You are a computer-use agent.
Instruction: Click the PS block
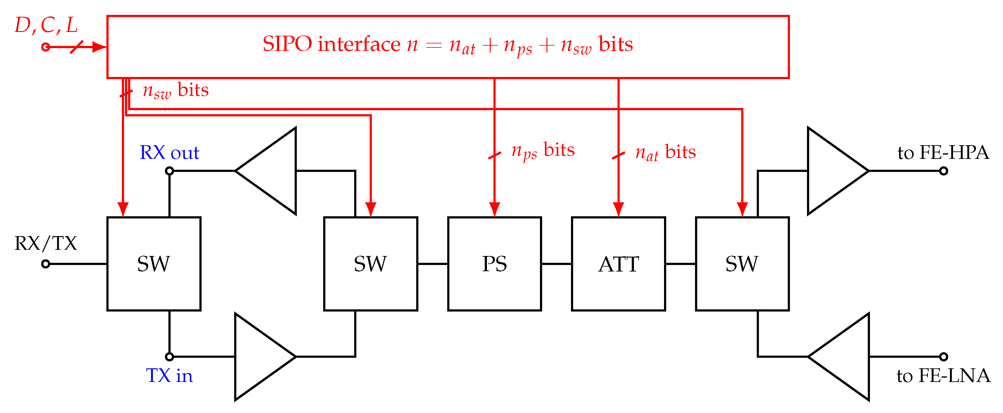(x=494, y=264)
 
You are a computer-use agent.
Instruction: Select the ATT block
(x=618, y=264)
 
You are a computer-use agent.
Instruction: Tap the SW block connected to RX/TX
(x=154, y=264)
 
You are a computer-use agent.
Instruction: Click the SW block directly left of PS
(x=370, y=264)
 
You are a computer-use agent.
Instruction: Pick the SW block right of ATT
(x=742, y=264)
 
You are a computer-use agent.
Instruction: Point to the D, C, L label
(x=46, y=25)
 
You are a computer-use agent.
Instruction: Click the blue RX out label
(x=169, y=152)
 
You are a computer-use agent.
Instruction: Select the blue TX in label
(x=169, y=375)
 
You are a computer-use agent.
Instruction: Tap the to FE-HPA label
(x=943, y=152)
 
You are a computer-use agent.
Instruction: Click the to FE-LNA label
(x=943, y=375)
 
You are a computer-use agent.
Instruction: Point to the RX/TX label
(x=46, y=244)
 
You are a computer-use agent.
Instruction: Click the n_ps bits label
(x=543, y=150)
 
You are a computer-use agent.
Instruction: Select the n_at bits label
(x=666, y=152)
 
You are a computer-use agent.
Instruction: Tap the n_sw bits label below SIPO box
(x=176, y=90)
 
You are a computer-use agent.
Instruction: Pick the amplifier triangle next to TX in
(x=259, y=357)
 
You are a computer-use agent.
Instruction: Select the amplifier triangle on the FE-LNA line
(x=845, y=357)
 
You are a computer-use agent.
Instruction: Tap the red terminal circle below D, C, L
(x=46, y=47)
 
